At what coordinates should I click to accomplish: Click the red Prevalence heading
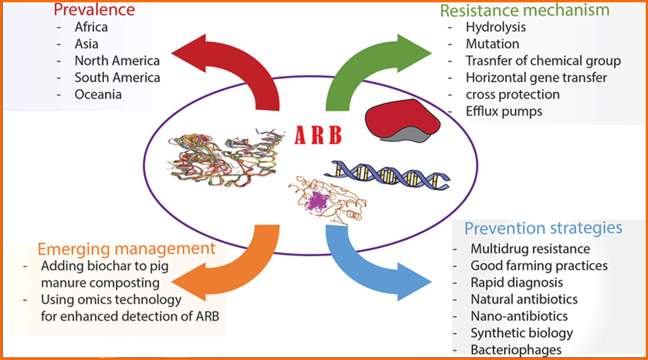pyautogui.click(x=94, y=10)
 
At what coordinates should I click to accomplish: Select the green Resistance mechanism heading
pyautogui.click(x=525, y=10)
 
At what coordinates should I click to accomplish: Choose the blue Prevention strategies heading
pyautogui.click(x=543, y=228)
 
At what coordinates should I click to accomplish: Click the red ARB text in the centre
pyautogui.click(x=318, y=135)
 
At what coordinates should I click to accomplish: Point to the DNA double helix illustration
pyautogui.click(x=387, y=175)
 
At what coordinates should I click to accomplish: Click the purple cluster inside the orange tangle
pyautogui.click(x=317, y=201)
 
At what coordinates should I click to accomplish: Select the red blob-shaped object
pyautogui.click(x=403, y=120)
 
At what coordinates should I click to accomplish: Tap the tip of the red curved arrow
pyautogui.click(x=172, y=53)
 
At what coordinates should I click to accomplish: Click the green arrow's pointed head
pyautogui.click(x=431, y=53)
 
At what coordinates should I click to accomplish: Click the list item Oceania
pyautogui.click(x=98, y=95)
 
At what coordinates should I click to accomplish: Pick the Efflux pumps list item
pyautogui.click(x=504, y=112)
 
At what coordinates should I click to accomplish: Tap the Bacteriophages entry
pyautogui.click(x=516, y=350)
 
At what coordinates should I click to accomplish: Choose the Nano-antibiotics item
pyautogui.click(x=519, y=316)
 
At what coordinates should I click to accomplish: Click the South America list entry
pyautogui.click(x=117, y=78)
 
